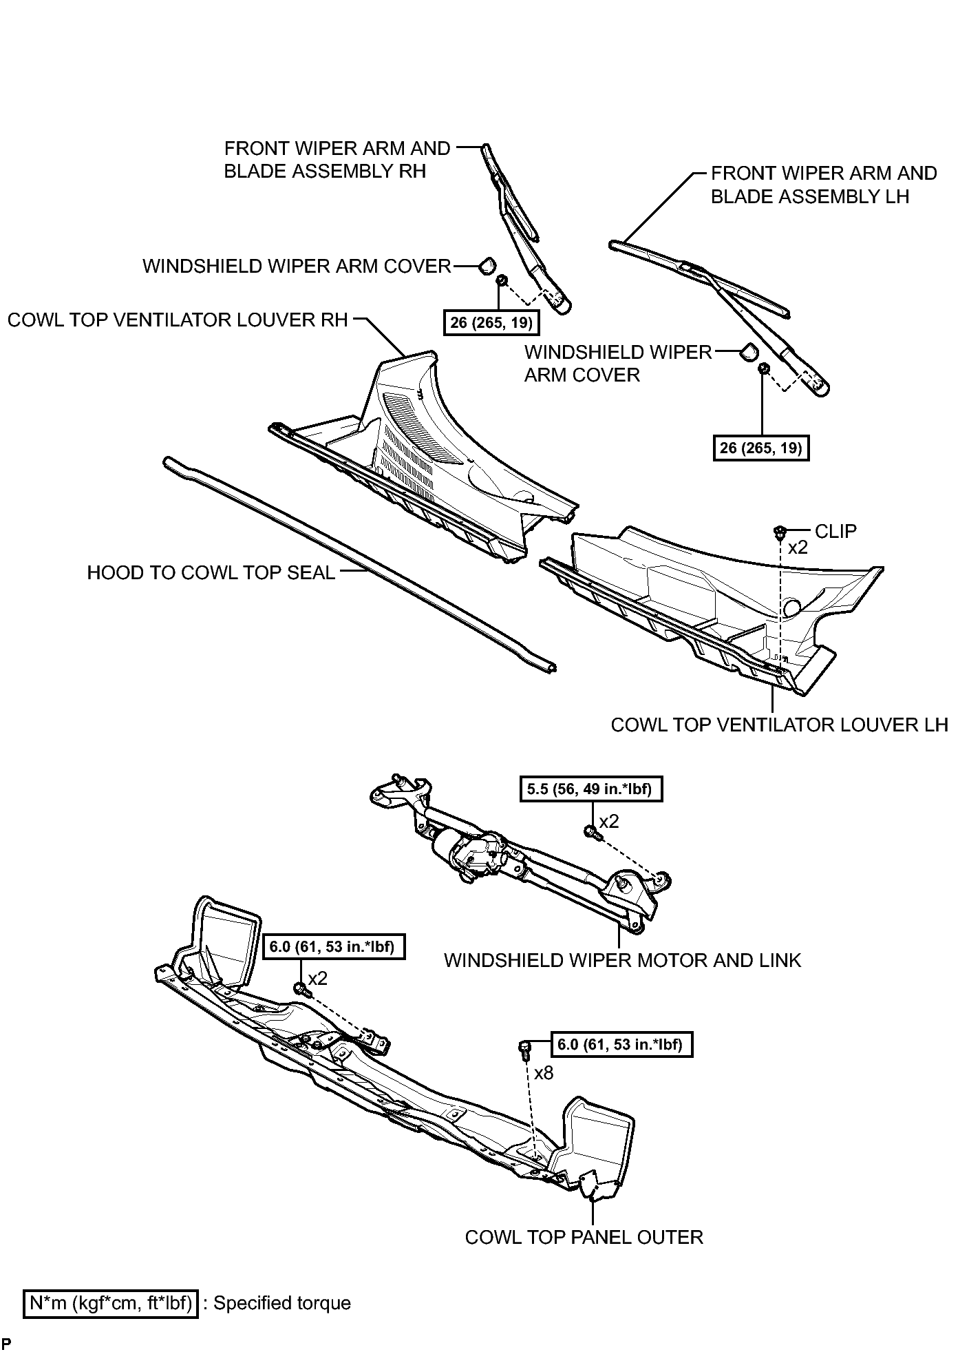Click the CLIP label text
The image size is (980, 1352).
tap(835, 531)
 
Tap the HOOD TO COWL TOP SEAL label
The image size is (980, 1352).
tap(211, 572)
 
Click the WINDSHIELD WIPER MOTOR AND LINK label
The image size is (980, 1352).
tap(622, 960)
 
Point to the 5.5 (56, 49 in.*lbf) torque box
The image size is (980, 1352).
tap(590, 789)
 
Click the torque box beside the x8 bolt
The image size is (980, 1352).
tap(620, 1045)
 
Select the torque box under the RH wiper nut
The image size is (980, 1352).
tap(492, 322)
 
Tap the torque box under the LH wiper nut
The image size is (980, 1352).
tap(761, 448)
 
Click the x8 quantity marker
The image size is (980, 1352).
tap(543, 1073)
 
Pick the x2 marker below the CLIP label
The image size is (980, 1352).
tap(798, 548)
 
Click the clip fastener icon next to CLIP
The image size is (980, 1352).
tap(780, 532)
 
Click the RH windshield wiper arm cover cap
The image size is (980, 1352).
tap(487, 264)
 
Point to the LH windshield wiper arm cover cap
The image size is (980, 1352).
tap(748, 352)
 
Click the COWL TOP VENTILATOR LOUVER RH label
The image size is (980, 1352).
tap(178, 320)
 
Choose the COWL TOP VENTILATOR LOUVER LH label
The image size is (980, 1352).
tap(779, 725)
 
